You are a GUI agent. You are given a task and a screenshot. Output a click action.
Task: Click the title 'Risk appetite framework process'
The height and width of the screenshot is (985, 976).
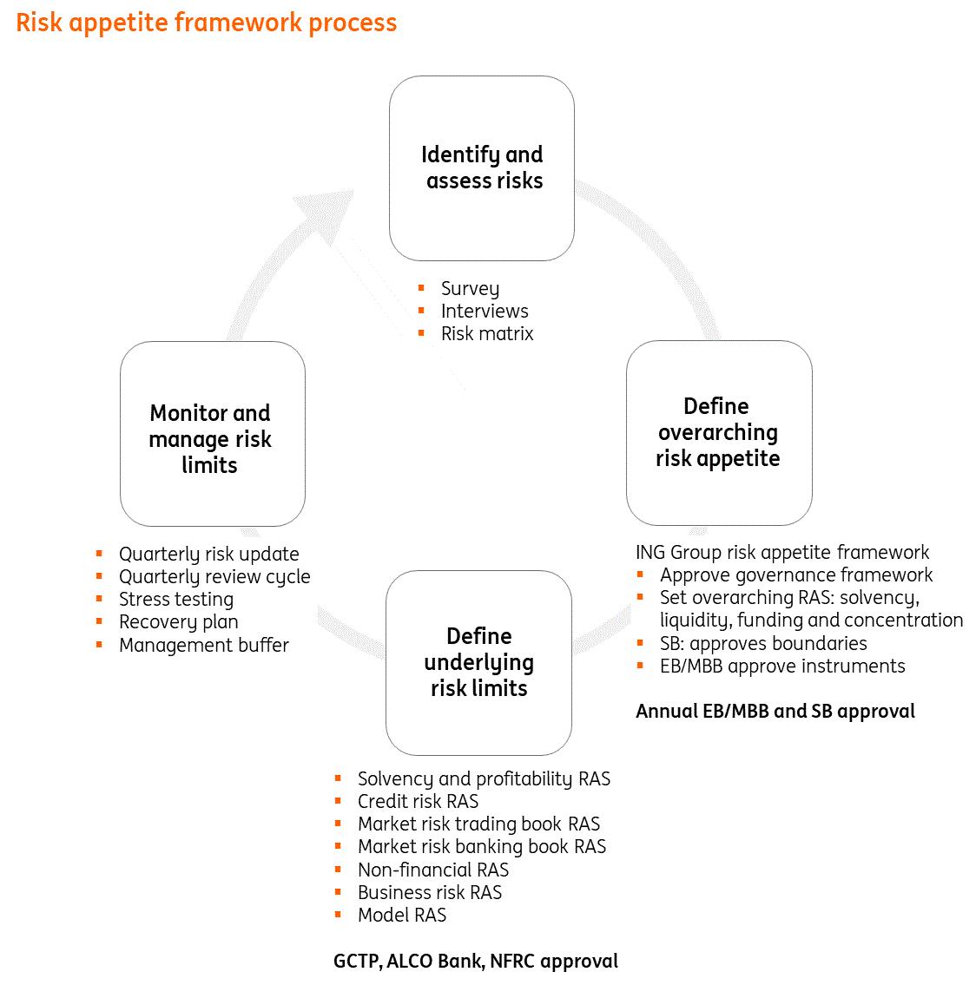pos(207,23)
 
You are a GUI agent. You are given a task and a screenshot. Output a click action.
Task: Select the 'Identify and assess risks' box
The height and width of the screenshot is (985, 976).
pos(482,168)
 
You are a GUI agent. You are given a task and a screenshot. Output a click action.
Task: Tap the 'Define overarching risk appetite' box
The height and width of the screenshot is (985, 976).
pos(718,432)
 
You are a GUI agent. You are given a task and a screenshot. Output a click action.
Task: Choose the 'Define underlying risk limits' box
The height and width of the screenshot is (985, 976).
pos(478,662)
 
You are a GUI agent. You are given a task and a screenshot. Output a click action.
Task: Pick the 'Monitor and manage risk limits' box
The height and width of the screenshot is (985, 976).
pos(212,434)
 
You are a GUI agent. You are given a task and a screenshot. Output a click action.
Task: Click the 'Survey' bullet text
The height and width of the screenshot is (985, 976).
pos(470,288)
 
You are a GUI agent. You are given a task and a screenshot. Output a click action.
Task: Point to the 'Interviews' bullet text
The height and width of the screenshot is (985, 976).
pos(484,311)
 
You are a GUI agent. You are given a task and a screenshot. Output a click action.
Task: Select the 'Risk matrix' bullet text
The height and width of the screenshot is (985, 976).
pos(486,333)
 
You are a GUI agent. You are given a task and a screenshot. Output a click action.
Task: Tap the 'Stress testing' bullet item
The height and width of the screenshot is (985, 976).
pos(175,599)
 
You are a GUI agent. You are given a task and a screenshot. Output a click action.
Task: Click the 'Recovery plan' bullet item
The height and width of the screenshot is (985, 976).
pos(178,621)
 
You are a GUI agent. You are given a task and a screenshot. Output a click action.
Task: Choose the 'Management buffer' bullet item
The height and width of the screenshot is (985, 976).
pos(203,645)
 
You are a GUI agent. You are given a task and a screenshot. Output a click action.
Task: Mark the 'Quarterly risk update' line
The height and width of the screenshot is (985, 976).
pos(208,554)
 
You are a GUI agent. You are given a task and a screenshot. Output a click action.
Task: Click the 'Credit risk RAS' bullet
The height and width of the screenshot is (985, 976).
pos(418,801)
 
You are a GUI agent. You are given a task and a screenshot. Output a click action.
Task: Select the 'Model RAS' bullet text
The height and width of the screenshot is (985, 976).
pos(402,915)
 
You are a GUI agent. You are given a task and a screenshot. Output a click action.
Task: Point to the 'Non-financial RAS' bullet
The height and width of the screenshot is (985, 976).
pos(432,870)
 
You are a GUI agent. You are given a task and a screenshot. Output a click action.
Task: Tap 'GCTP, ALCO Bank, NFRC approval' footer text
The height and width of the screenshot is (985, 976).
pos(476,961)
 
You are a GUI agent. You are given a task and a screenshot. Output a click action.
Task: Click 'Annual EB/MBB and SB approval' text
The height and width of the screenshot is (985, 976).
pos(775,711)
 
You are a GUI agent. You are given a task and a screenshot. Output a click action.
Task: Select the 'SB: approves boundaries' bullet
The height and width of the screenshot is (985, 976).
pos(762,643)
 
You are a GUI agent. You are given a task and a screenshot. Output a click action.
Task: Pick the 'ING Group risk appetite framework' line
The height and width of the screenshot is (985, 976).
pos(781,552)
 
